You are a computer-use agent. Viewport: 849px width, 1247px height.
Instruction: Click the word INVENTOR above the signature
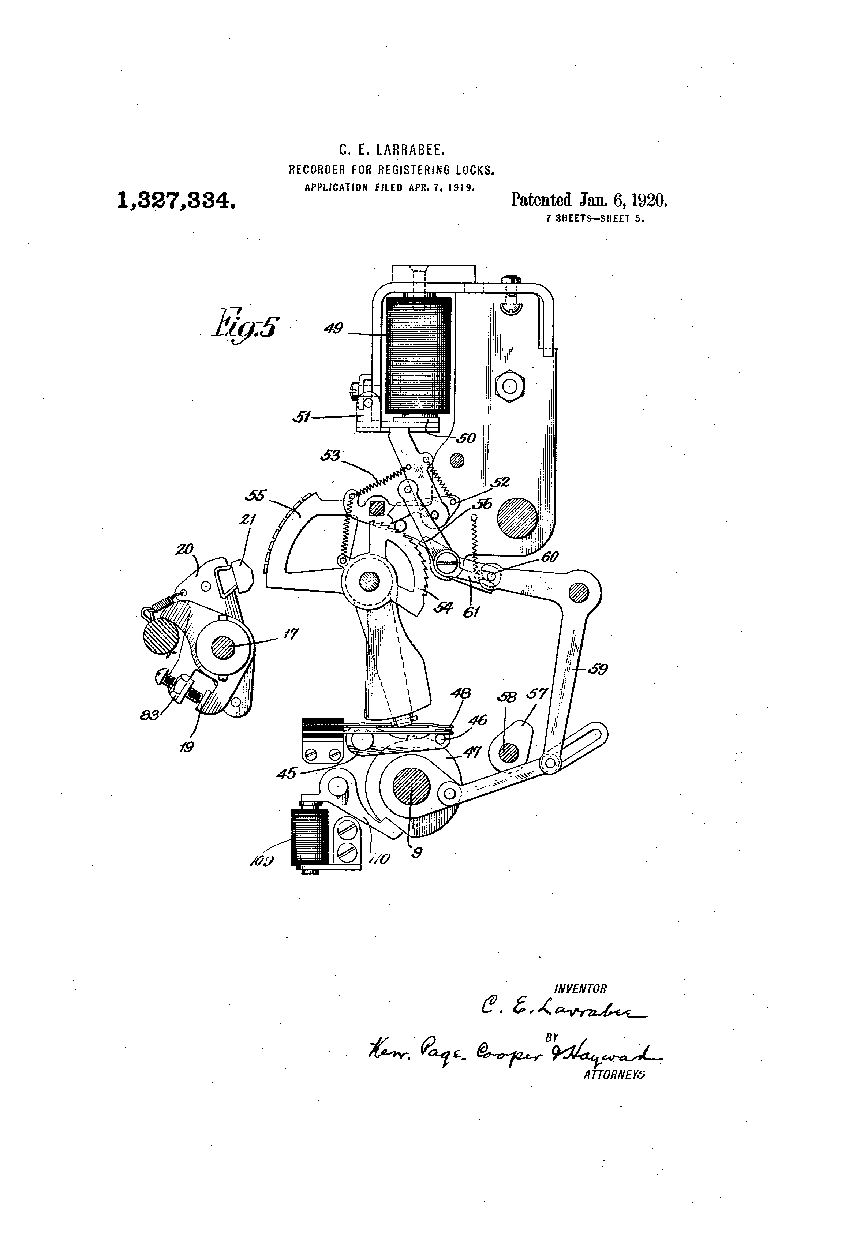(x=581, y=988)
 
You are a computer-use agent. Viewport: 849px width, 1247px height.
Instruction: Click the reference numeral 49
(x=334, y=328)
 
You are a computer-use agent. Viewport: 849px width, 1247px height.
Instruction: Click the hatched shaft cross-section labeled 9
(x=411, y=787)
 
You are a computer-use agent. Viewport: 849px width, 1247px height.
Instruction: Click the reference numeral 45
(x=287, y=773)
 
